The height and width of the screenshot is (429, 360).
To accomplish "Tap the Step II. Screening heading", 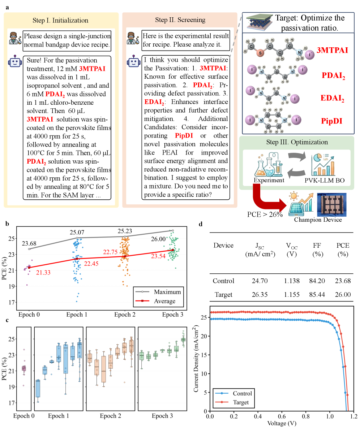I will (x=180, y=20).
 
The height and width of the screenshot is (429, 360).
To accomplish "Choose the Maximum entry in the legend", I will (x=167, y=292).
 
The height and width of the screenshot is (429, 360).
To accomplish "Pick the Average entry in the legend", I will (x=164, y=301).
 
